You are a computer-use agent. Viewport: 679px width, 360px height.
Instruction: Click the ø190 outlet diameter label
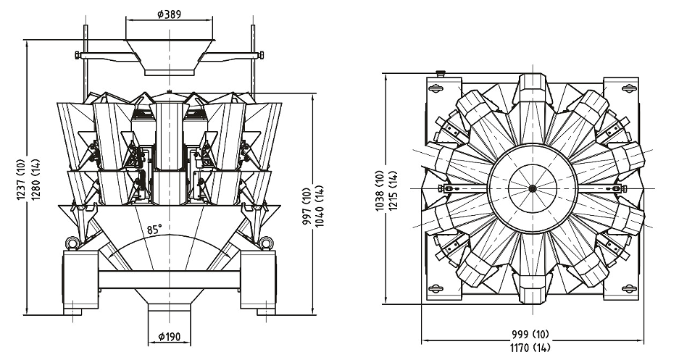click(x=169, y=336)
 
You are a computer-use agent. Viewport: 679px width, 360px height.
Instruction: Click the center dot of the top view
click(x=533, y=188)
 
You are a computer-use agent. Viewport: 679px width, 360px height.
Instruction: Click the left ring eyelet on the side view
click(x=72, y=242)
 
